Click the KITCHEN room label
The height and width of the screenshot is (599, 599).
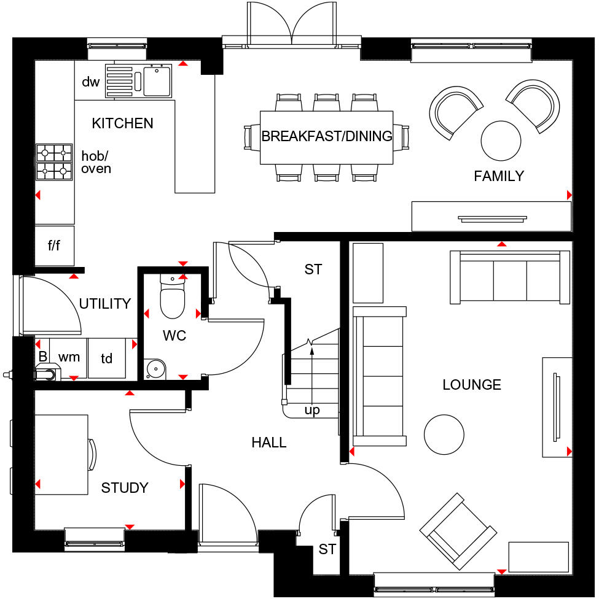coord(122,123)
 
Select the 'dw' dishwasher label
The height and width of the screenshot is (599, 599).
coord(90,82)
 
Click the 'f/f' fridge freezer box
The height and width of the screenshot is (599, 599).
coord(55,245)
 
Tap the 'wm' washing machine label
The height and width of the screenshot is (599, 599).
coord(69,357)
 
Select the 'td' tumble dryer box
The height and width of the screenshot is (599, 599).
coord(107,358)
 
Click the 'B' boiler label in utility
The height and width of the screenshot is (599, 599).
coord(42,357)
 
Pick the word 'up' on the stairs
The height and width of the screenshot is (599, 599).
coord(312,411)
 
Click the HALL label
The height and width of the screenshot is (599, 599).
coord(269,442)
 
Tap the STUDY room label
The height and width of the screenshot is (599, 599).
coord(125,488)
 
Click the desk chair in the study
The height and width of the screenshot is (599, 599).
coord(92,455)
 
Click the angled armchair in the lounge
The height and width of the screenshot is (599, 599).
coord(458,531)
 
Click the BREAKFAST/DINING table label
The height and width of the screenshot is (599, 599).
coord(327,136)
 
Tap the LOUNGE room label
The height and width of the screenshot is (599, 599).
coord(472,385)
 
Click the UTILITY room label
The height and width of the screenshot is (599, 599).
coord(105,303)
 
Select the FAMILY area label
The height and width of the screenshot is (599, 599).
coord(499,176)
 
